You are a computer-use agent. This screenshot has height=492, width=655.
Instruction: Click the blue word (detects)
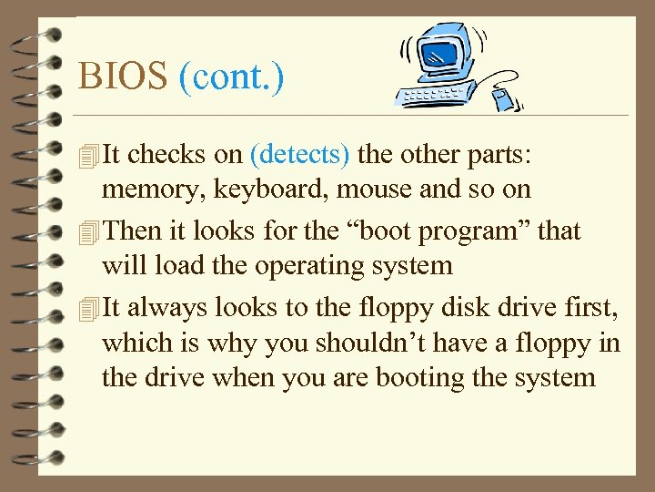[x=299, y=154]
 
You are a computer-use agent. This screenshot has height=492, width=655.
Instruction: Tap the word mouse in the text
[x=368, y=190]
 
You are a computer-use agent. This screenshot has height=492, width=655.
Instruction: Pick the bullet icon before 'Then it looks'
[x=87, y=232]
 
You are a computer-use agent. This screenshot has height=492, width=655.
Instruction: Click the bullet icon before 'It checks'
[x=87, y=156]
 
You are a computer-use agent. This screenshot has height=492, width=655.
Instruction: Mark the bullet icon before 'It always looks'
[x=87, y=308]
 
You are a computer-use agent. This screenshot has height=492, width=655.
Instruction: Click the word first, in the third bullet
[x=592, y=307]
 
